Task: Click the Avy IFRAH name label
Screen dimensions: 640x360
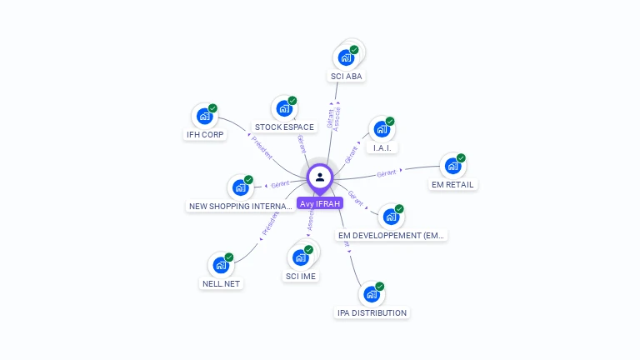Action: [x=320, y=202]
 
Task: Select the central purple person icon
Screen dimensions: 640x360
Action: [x=320, y=177]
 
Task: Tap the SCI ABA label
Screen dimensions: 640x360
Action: [x=347, y=77]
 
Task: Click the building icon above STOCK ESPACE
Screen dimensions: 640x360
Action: [x=284, y=108]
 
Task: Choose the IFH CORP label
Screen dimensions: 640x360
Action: [x=204, y=134]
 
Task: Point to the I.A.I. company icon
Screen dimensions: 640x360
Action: [x=381, y=129]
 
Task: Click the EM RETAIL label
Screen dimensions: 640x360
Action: [x=453, y=184]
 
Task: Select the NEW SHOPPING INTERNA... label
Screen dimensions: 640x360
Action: [x=240, y=206]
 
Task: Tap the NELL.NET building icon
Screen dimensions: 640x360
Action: [x=221, y=265]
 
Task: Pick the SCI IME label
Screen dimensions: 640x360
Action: [x=301, y=276]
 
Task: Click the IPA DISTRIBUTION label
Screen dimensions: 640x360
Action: [x=372, y=313]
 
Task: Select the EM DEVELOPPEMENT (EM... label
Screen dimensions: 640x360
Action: [x=391, y=236]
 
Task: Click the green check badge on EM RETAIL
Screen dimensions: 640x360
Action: [x=461, y=157]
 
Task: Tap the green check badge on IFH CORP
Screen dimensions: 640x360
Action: [x=212, y=108]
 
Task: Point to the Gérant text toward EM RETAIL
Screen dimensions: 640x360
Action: [x=386, y=173]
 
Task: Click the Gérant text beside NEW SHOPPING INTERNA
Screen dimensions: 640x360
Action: [x=279, y=184]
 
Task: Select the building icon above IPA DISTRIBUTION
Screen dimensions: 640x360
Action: [x=372, y=294]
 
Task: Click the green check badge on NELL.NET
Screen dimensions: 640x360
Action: [x=229, y=257]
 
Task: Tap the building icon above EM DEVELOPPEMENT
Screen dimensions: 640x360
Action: [x=391, y=217]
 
